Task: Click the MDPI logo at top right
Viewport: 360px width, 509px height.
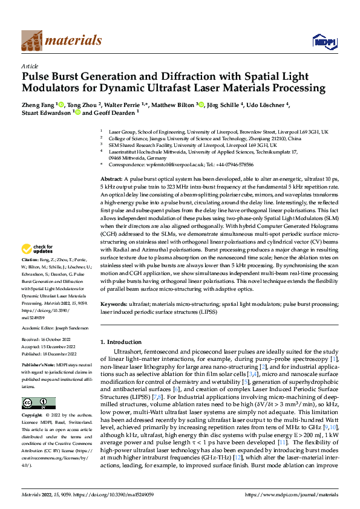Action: click(321, 41)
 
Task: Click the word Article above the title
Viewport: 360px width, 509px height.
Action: click(29, 66)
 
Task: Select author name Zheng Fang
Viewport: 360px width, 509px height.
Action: click(38, 105)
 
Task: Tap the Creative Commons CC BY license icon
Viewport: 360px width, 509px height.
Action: click(38, 403)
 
